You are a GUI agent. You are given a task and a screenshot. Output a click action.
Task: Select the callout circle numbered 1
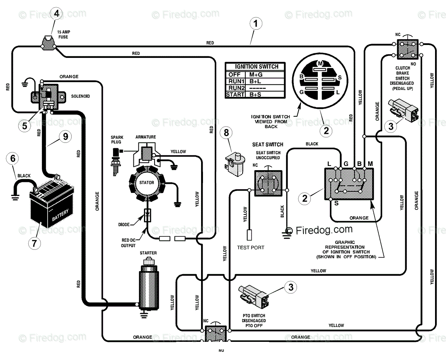point(256,23)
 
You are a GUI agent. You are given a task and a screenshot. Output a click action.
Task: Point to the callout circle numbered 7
point(34,243)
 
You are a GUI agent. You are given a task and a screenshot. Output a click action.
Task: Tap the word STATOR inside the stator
point(147,182)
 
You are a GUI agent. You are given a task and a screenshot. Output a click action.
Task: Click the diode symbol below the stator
point(147,216)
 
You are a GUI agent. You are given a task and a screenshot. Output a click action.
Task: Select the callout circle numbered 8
point(226,132)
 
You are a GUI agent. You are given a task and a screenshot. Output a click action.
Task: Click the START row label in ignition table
point(235,94)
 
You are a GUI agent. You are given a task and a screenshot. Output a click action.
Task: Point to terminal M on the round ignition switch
point(320,63)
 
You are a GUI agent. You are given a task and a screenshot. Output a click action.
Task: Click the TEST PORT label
point(251,248)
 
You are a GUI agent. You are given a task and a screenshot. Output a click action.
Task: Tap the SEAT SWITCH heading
point(268,144)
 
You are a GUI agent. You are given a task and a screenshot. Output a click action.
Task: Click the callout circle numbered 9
point(65,136)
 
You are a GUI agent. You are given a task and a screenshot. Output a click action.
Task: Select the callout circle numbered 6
point(12,158)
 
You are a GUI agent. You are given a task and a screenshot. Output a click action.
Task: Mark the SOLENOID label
point(81,96)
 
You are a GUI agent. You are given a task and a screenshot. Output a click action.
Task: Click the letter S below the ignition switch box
point(336,203)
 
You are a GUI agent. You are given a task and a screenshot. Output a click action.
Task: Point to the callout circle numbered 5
point(25,126)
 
